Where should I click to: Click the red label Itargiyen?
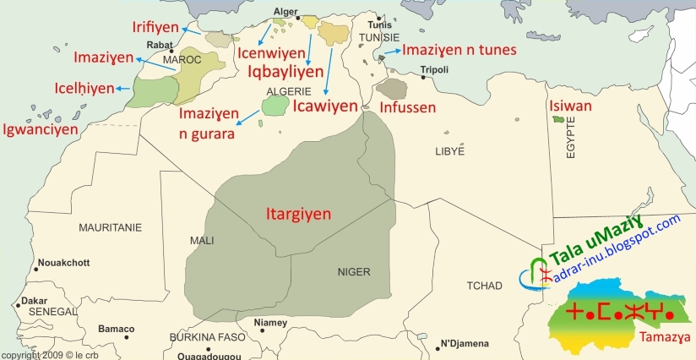tap(293, 215)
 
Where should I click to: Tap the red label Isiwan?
tap(570, 106)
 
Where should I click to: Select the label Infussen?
tap(408, 107)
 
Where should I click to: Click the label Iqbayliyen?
tap(285, 72)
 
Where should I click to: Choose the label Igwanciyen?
tap(40, 129)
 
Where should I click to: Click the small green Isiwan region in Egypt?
tap(557, 123)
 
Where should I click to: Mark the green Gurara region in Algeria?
tap(275, 106)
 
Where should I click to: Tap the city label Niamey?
tap(270, 322)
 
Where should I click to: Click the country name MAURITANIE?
tap(110, 227)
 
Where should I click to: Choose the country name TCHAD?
tap(484, 286)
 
